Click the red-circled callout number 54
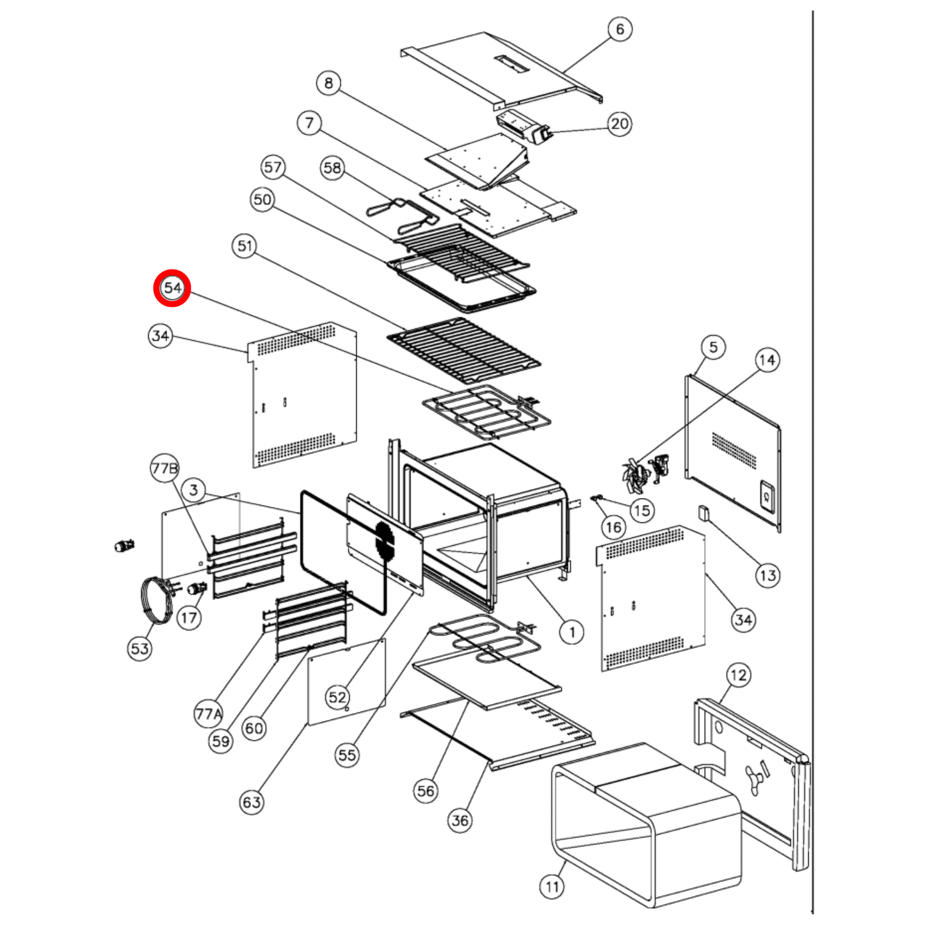[x=172, y=288]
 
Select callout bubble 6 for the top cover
[x=620, y=29]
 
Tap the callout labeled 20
[x=619, y=124]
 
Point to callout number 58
[x=333, y=168]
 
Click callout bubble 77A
[x=208, y=714]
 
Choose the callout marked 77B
[x=165, y=467]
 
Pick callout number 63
[x=252, y=801]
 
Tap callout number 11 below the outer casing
[x=552, y=886]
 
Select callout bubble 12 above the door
[x=738, y=675]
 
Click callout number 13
[x=768, y=575]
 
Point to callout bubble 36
[x=460, y=820]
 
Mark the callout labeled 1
[x=572, y=632]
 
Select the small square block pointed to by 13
[x=704, y=513]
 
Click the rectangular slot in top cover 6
[x=512, y=63]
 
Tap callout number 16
[x=613, y=527]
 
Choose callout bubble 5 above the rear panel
[x=713, y=347]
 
